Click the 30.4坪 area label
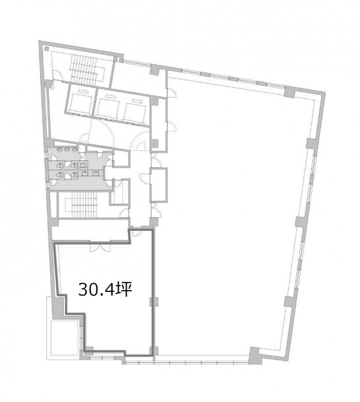[105, 289]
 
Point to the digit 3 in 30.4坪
[82, 289]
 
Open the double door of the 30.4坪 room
[100, 246]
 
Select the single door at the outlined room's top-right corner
[136, 233]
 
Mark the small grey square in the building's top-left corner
[46, 48]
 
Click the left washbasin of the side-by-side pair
[85, 174]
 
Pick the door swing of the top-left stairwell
[57, 75]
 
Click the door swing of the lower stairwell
[124, 213]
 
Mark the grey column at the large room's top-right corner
[289, 92]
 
